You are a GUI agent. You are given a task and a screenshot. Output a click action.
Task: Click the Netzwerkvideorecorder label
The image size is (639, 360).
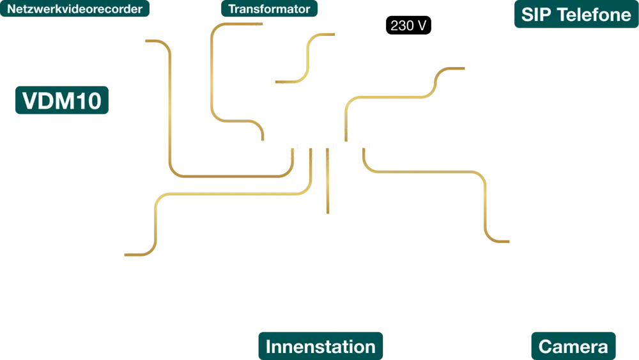pos(74,9)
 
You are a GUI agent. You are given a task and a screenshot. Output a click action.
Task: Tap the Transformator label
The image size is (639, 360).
pos(269,9)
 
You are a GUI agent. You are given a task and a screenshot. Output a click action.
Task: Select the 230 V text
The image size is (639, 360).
pos(408,26)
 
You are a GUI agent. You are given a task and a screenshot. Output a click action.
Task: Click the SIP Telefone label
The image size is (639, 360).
pos(576,15)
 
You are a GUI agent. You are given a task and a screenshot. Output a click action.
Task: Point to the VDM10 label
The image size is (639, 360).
pos(62,101)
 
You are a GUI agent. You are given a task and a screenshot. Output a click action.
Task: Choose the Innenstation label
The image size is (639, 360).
pos(320,347)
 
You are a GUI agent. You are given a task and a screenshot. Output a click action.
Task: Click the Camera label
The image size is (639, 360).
pos(573,347)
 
